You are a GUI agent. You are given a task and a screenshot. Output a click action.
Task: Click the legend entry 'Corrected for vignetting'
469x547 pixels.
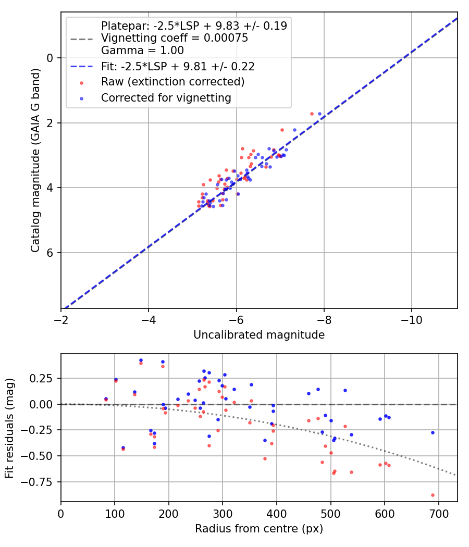tap(166, 97)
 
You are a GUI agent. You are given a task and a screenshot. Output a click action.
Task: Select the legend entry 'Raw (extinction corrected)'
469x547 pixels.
tap(172, 82)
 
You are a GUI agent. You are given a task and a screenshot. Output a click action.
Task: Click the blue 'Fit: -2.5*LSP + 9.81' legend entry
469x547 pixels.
tap(178, 66)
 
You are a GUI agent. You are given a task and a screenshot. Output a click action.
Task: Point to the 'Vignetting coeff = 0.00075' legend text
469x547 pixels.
tap(175, 38)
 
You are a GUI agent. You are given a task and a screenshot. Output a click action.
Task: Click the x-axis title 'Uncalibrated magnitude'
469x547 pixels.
tap(259, 335)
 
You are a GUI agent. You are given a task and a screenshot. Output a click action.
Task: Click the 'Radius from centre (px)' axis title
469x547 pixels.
tap(259, 529)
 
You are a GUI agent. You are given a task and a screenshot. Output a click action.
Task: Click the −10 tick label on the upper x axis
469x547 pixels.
tap(412, 320)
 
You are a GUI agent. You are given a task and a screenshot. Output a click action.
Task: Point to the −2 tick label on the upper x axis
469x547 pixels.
tap(61, 320)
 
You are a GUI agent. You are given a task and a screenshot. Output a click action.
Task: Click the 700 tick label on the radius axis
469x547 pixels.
tap(438, 514)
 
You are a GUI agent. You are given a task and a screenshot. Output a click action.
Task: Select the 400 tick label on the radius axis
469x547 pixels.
tap(277, 514)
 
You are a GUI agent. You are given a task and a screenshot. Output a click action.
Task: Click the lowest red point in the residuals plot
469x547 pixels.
tap(433, 495)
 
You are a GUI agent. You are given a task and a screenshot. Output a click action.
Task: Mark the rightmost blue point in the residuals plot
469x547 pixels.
tap(433, 432)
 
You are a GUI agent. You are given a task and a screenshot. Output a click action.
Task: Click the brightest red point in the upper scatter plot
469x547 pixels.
tap(312, 114)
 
